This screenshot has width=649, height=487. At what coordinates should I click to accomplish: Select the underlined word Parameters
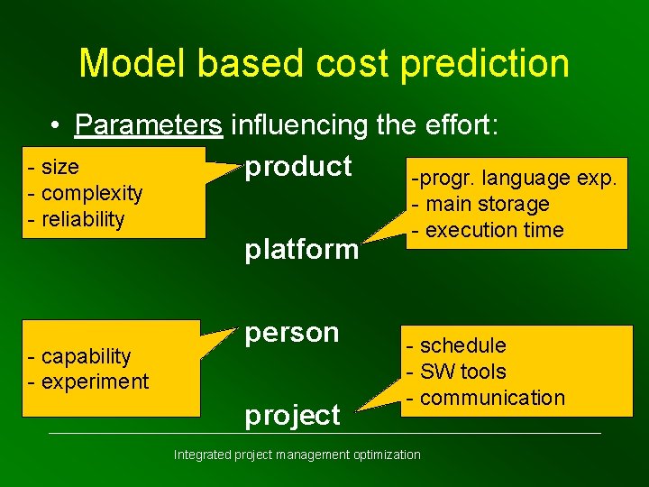click(150, 125)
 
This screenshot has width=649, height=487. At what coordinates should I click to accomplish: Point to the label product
click(298, 167)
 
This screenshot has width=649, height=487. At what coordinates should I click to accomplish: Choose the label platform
click(302, 250)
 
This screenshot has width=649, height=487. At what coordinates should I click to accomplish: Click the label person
click(292, 333)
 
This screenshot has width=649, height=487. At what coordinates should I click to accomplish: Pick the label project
click(293, 415)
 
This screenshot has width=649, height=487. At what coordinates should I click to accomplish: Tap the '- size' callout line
click(54, 168)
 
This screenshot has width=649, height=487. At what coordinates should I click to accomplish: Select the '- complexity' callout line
click(86, 193)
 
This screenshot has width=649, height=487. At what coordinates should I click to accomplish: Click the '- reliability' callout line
click(77, 218)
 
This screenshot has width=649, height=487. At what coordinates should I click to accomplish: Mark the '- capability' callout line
click(79, 356)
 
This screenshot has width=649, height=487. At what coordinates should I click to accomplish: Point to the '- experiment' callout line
click(88, 381)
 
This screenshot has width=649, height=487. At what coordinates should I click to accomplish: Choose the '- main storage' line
click(480, 205)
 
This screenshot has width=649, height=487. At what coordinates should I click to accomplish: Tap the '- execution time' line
click(488, 230)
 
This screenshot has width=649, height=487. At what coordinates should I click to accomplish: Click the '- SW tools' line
click(456, 371)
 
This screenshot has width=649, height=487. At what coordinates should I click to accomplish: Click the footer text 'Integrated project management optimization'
click(297, 455)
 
